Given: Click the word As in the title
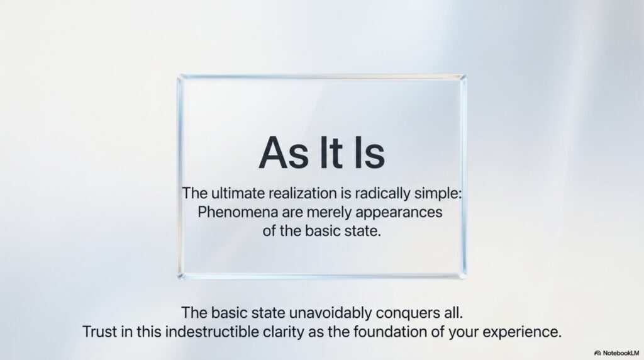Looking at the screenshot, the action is coord(284,152).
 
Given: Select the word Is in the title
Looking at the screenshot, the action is coord(369,152).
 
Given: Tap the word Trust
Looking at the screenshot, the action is coord(100,332).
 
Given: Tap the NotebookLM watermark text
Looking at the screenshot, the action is coord(621,353).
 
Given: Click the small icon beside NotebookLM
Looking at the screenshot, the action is coord(597,353).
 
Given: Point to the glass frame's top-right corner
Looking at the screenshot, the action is coord(464,76).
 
